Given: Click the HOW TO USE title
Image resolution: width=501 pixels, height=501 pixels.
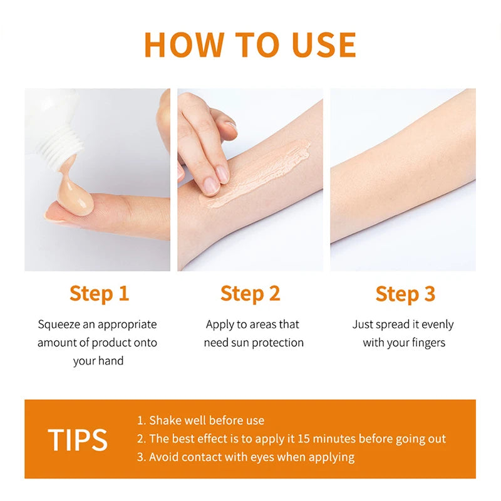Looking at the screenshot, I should coord(250,44).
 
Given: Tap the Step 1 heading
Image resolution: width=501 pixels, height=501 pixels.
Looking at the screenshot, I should coord(99,293).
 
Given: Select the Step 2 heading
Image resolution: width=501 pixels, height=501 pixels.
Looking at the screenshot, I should coord(250,293).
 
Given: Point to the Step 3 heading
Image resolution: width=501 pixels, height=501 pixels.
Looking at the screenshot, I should coord(405,293).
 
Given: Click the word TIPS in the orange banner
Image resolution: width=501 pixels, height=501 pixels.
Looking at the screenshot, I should coord(78,440).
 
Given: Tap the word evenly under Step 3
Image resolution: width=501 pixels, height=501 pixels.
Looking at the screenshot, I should coord(437,324).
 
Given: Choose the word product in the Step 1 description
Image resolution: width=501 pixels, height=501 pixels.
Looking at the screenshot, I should coord(111,343).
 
